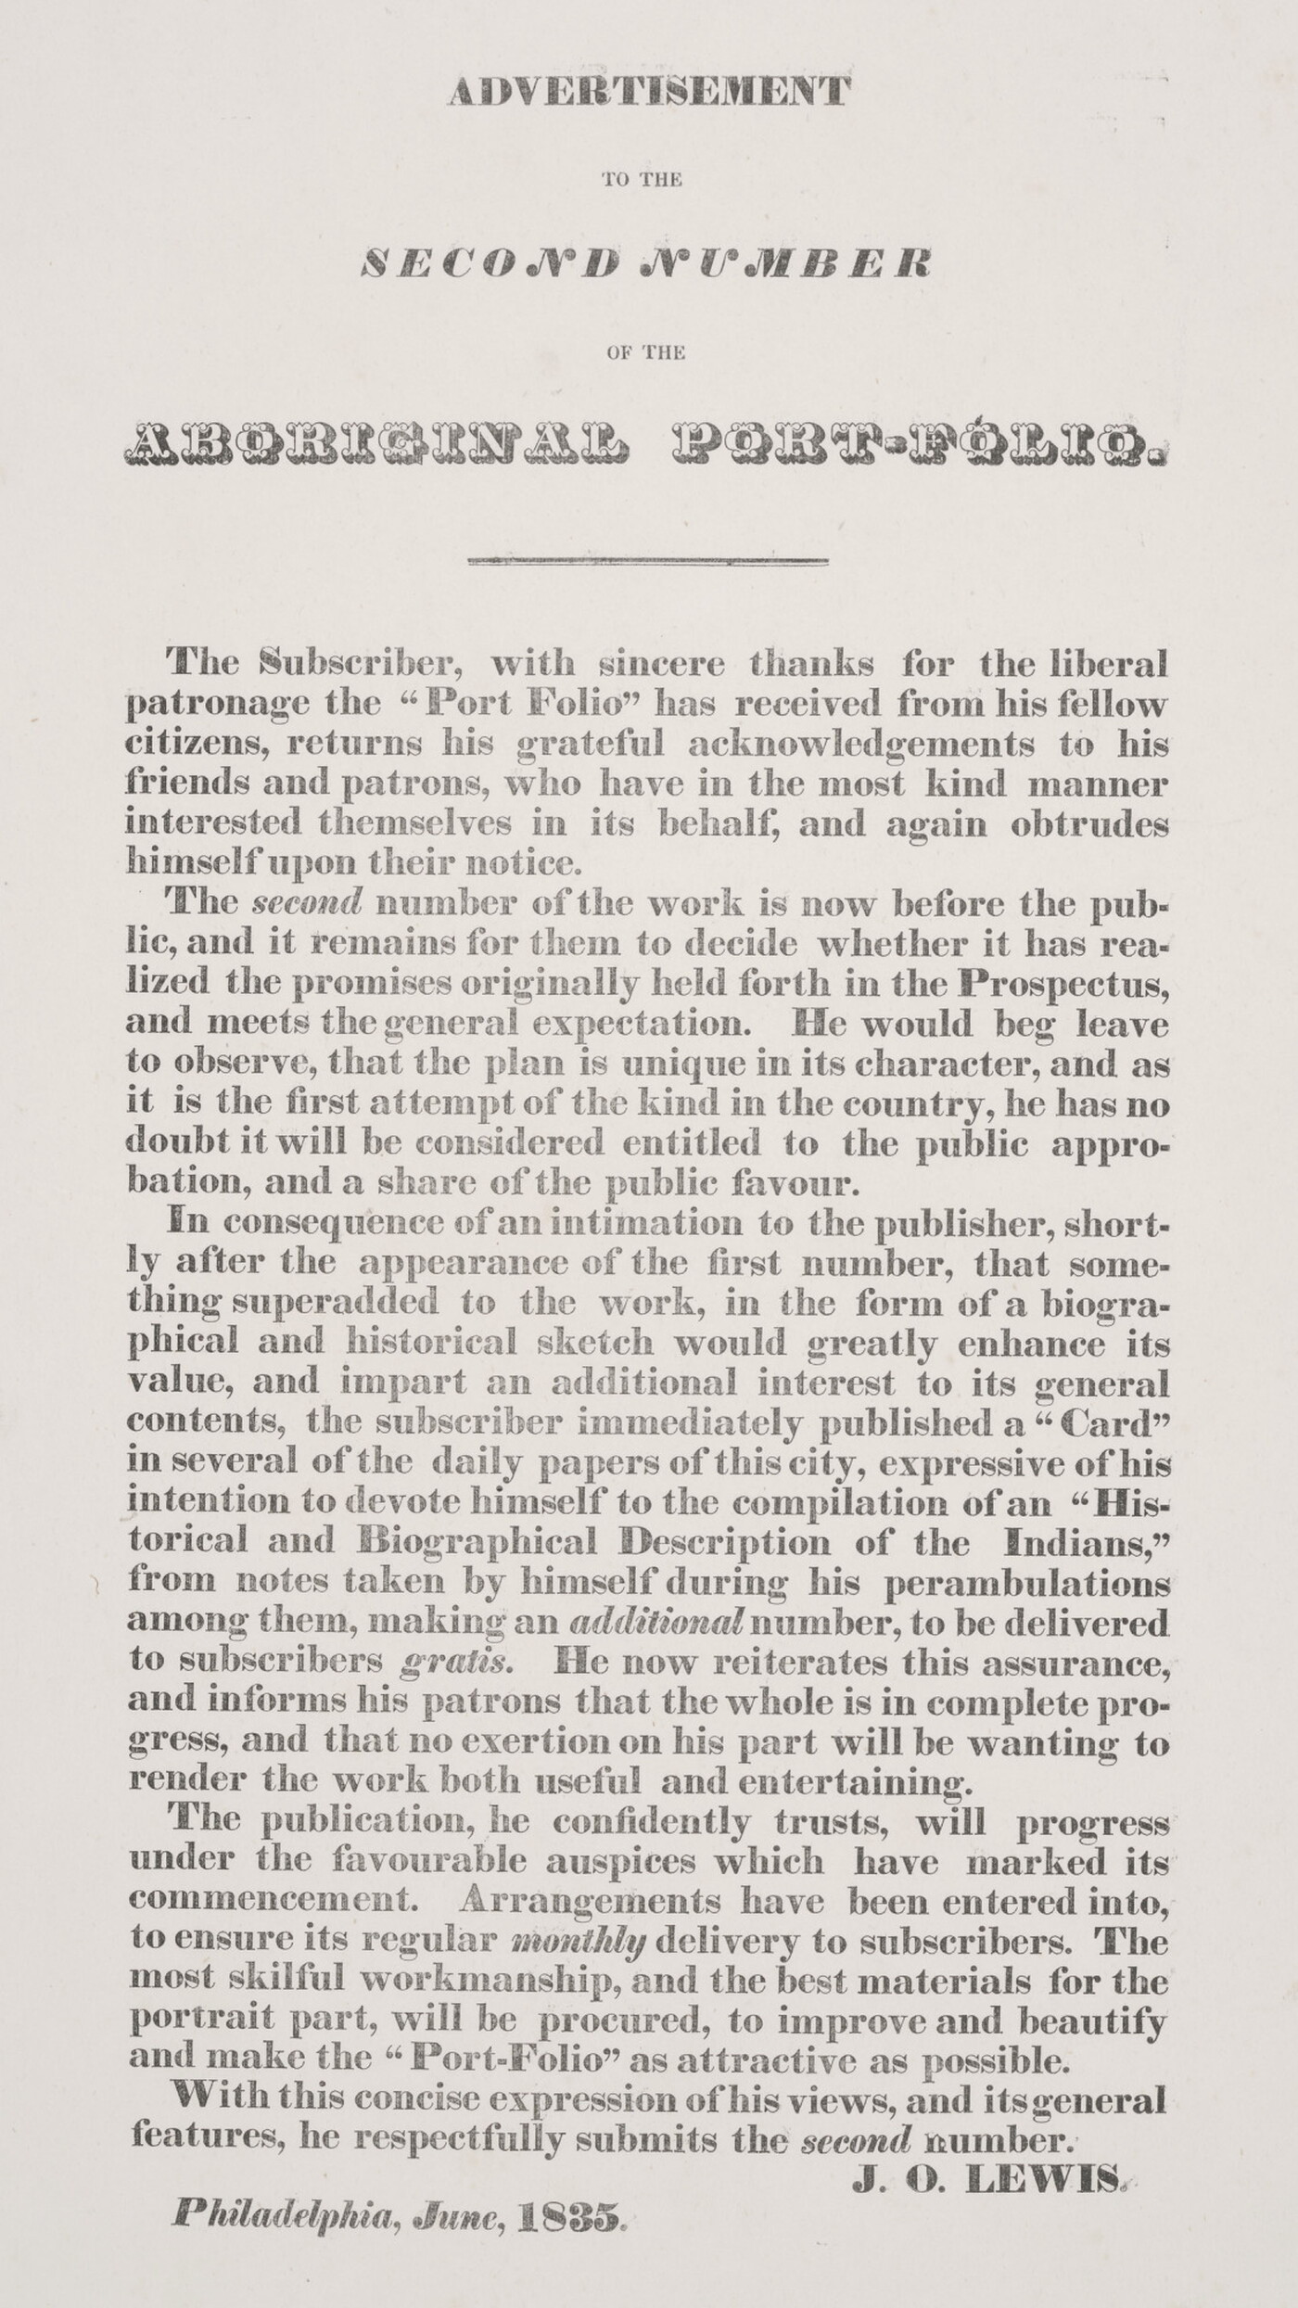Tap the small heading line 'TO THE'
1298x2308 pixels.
pyautogui.click(x=642, y=180)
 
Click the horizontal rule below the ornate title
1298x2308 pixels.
pyautogui.click(x=648, y=561)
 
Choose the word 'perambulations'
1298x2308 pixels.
pyautogui.click(x=1027, y=1583)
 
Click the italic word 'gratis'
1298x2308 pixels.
pyautogui.click(x=454, y=1662)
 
